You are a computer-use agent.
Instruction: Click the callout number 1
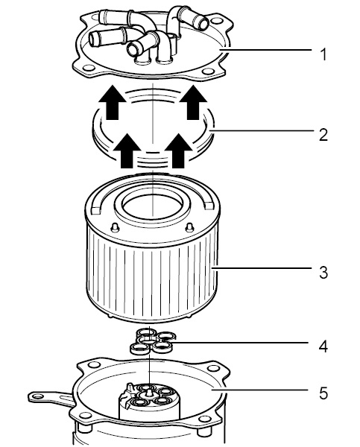323,54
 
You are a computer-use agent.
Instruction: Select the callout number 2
323,135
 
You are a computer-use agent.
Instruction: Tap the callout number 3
323,272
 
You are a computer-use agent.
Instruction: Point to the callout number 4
323,346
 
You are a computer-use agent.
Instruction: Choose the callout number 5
323,393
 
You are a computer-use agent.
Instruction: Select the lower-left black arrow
127,150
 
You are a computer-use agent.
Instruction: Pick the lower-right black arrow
178,150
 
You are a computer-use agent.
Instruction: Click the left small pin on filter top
115,227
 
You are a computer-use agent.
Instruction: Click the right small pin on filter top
190,227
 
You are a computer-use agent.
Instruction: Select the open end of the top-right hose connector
203,23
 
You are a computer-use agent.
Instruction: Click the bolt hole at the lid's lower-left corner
89,68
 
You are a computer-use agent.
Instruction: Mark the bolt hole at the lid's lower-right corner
208,72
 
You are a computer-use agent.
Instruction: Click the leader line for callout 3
262,268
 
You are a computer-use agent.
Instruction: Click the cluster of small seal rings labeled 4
153,340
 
